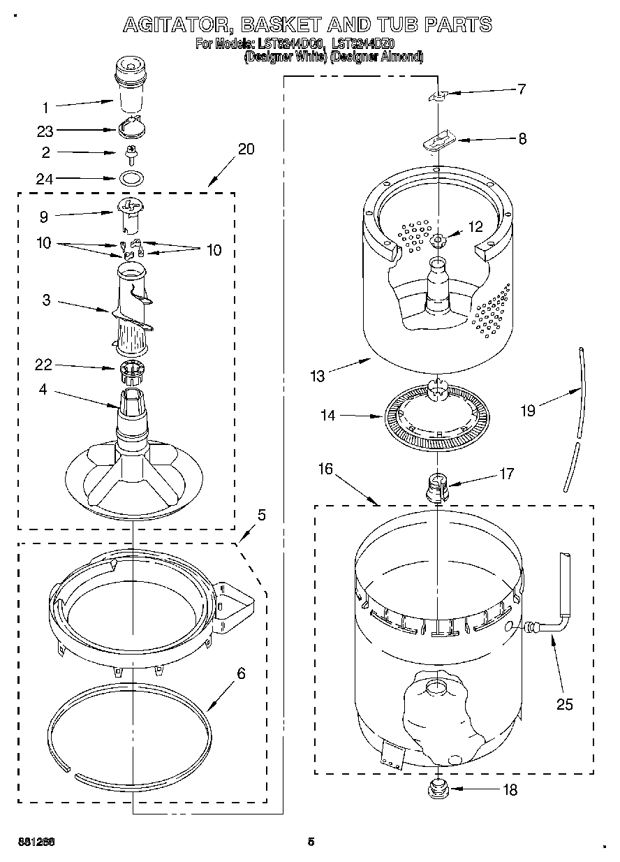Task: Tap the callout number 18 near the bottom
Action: pos(510,790)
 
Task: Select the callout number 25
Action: pos(564,705)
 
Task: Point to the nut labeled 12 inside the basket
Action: pos(438,241)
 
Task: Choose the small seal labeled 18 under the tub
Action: pos(437,790)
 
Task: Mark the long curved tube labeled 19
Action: pos(575,419)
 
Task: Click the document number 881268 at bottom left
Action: pos(36,842)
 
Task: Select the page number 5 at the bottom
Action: pos(311,842)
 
